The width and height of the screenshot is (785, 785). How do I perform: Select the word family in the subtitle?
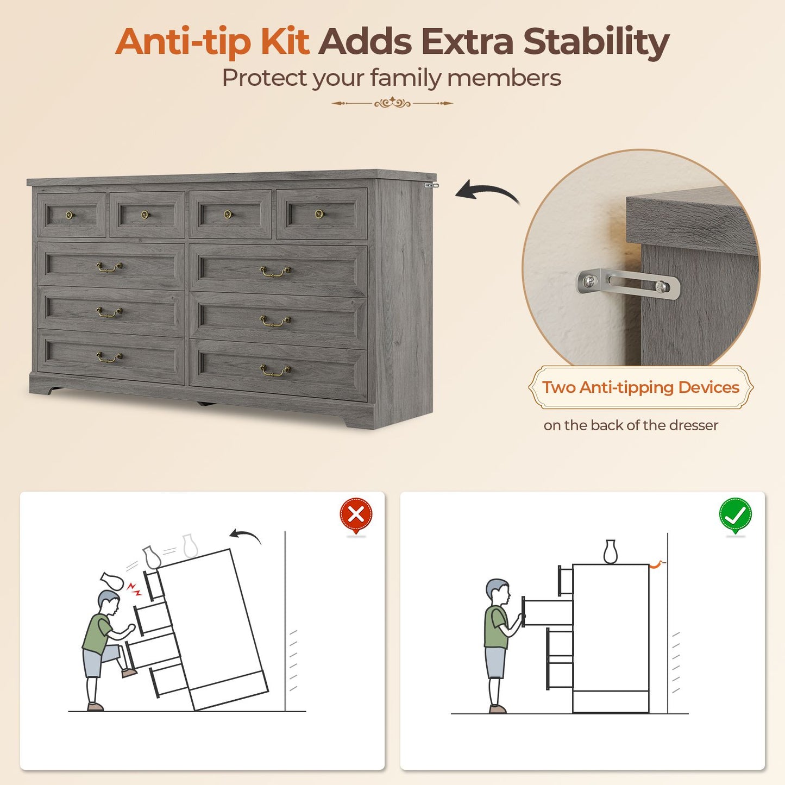coord(405,78)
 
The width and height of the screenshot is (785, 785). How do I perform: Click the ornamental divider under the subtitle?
coord(392,103)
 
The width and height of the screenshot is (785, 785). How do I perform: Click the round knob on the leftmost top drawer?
coord(70,215)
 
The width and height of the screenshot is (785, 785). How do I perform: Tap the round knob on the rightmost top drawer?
coord(319,213)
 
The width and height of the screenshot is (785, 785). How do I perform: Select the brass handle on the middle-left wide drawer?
coord(109,312)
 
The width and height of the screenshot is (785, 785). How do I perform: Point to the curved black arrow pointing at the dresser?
coord(487,192)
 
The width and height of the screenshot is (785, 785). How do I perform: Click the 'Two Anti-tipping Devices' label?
coord(640,387)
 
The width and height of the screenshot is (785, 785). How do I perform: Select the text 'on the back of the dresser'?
coord(631,425)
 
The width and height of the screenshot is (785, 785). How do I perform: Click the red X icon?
coord(356,516)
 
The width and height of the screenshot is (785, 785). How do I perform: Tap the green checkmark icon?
coord(736,516)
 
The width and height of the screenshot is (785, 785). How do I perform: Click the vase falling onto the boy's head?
coord(112,581)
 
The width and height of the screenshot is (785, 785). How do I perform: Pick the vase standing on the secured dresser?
coord(610,552)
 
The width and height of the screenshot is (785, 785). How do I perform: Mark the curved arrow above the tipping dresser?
coord(245,535)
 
